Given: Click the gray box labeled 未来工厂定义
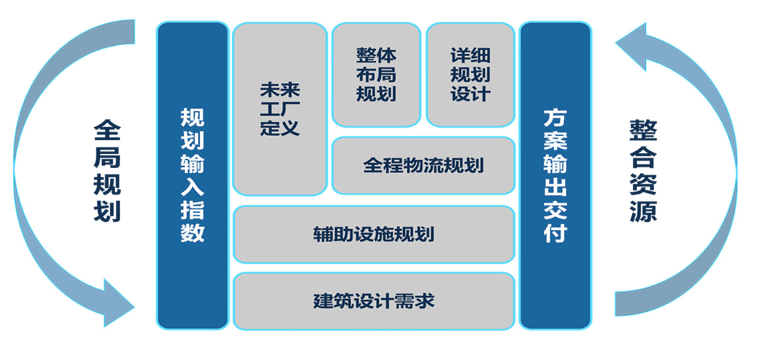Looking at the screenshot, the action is pos(280,109).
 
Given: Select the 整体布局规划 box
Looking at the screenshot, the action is pos(377,75).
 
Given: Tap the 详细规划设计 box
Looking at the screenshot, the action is pos(470,75).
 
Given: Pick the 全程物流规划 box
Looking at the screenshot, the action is pos(423,166).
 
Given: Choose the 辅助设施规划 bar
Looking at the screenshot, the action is pos(374,234).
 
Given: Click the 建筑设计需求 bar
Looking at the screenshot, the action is pos(374,301).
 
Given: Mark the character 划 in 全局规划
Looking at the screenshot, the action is pos(107,211).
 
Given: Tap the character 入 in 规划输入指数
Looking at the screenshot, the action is pos(192,187).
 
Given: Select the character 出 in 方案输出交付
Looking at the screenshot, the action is pos(555,187).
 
